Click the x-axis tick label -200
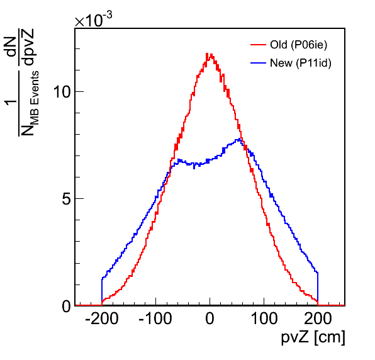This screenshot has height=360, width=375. point(102,318)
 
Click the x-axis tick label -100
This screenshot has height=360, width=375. point(155,318)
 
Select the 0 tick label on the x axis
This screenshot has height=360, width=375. point(210,318)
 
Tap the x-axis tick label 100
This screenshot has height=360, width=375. point(264,318)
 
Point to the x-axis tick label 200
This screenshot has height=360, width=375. point(318,318)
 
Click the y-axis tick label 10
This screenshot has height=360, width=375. point(62,91)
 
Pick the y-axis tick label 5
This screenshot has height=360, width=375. point(67,198)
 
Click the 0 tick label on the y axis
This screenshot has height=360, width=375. point(67,306)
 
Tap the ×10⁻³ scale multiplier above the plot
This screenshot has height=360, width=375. point(93,20)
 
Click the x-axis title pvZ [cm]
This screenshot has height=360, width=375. point(313,337)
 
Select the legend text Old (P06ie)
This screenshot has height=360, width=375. point(298,45)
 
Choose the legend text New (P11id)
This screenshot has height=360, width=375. point(301,63)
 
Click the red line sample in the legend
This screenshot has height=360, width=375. point(259,45)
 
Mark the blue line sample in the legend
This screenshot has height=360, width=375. point(259,63)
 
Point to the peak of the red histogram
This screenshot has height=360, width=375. point(208,54)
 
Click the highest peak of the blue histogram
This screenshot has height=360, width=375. point(239,138)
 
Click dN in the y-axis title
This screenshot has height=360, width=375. point(11,46)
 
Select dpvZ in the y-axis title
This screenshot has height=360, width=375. point(28,47)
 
